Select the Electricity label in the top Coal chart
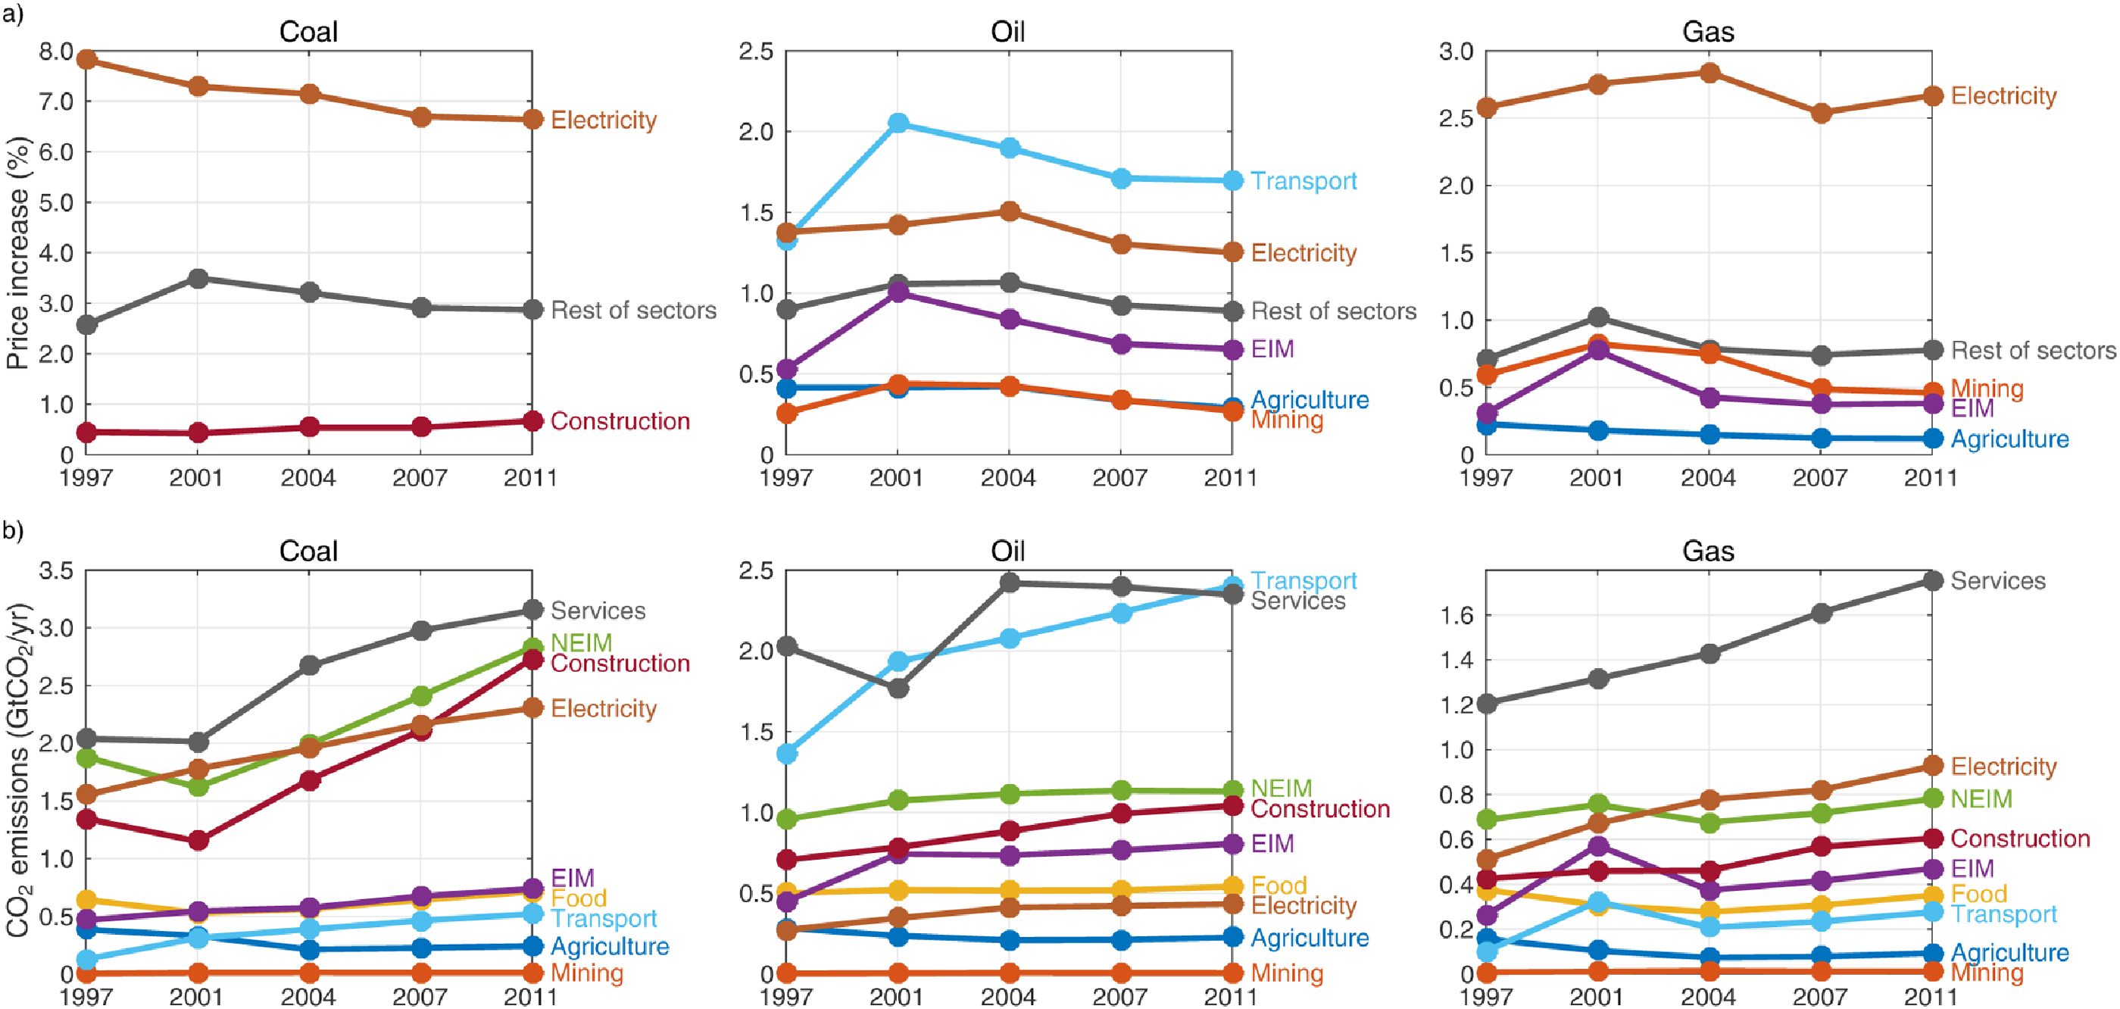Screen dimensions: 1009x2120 tap(603, 120)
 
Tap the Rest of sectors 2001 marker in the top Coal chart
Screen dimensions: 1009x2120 tap(198, 278)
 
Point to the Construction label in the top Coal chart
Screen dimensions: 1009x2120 tap(620, 420)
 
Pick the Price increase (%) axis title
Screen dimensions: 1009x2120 tap(18, 253)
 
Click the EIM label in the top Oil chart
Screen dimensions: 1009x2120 tap(1272, 349)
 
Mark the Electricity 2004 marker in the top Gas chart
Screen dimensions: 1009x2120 tap(1709, 73)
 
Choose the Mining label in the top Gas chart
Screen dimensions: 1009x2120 tap(1987, 389)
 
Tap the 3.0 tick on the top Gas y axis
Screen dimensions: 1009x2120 tap(1456, 52)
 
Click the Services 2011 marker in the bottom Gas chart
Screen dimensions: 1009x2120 tap(1932, 580)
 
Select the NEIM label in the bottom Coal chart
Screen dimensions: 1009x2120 tap(581, 643)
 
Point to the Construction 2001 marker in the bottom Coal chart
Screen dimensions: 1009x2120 tap(198, 840)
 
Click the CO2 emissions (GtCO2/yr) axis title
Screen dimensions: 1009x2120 tap(18, 770)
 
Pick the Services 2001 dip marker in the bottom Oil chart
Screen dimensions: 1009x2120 tap(898, 687)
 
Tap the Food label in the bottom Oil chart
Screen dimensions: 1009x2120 tap(1278, 886)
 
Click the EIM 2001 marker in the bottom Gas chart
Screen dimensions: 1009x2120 tap(1598, 846)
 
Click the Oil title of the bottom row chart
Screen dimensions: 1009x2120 tap(1007, 551)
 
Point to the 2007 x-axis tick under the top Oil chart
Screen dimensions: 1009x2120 tap(1119, 478)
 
